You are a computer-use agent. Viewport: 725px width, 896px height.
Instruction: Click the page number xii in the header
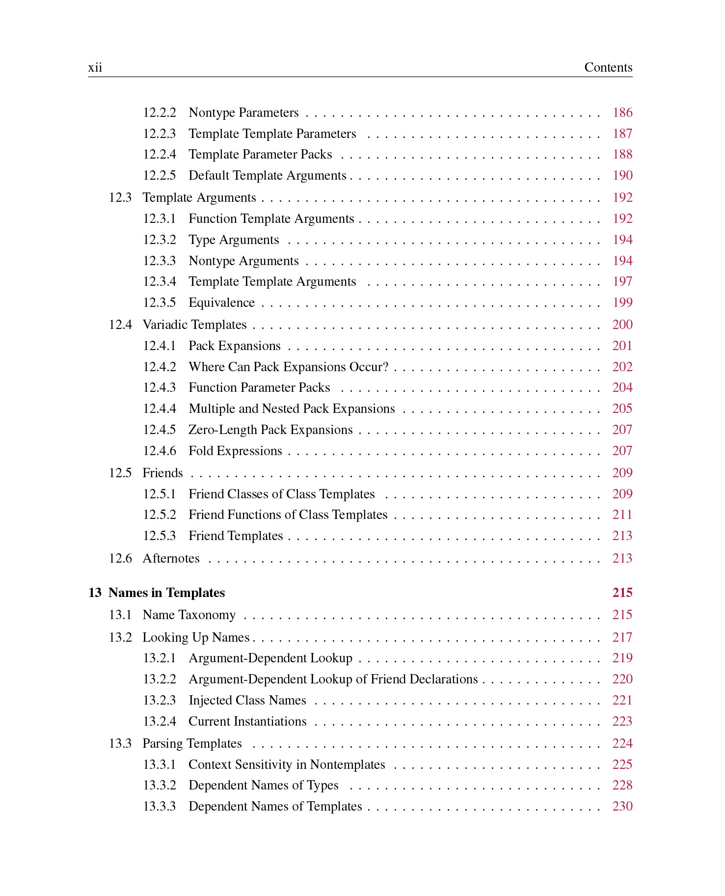click(95, 67)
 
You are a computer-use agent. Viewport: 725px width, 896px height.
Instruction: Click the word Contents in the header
click(608, 67)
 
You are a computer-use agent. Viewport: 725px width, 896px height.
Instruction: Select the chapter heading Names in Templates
click(166, 593)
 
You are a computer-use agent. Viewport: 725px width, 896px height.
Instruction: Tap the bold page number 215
click(622, 593)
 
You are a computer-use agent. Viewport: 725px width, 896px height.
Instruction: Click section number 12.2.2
click(159, 112)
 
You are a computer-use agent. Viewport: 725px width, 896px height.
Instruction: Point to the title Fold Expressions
click(235, 451)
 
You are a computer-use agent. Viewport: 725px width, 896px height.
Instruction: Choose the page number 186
click(622, 112)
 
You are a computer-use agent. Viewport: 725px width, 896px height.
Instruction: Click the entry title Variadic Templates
click(194, 325)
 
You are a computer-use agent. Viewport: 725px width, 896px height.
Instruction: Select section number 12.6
click(120, 558)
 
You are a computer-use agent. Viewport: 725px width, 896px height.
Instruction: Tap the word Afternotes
click(171, 558)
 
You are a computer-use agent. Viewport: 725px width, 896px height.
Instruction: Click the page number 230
click(622, 806)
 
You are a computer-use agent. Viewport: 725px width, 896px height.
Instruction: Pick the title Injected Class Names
click(247, 700)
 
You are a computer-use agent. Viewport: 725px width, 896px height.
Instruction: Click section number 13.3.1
click(159, 764)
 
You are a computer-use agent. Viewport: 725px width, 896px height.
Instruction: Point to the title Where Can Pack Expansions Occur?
click(288, 367)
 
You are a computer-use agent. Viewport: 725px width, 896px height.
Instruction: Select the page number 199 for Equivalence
click(622, 302)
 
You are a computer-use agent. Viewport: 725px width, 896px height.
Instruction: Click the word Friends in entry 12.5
click(162, 473)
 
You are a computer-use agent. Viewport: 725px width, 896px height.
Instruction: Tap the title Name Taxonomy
click(189, 615)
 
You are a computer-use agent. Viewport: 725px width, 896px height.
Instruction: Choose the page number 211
click(622, 515)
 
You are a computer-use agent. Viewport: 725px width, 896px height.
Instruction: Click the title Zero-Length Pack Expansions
click(270, 430)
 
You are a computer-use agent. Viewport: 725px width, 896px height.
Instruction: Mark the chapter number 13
click(95, 593)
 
